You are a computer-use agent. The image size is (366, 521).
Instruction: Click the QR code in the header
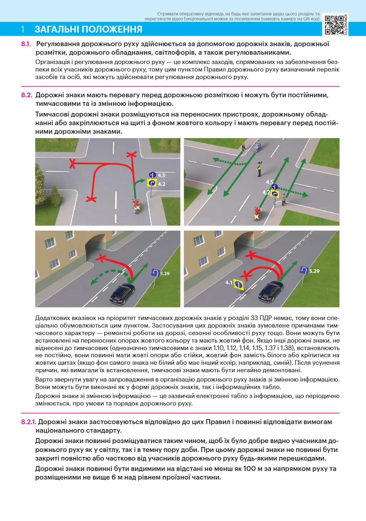334,25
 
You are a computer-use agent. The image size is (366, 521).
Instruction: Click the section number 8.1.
26,44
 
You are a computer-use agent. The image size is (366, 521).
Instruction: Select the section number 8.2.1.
28,422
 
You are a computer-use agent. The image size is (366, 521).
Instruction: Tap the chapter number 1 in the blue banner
23,29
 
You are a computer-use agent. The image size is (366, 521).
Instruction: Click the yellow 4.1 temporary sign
238,285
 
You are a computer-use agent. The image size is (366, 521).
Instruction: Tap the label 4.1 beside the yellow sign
229,282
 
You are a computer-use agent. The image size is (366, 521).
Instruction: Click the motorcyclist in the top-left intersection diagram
136,206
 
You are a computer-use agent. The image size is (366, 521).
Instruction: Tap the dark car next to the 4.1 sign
271,291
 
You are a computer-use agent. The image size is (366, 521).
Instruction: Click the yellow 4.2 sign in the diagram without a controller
152,183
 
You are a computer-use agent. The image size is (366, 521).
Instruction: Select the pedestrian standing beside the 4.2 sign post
283,199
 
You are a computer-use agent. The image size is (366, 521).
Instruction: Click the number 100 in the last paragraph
249,468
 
